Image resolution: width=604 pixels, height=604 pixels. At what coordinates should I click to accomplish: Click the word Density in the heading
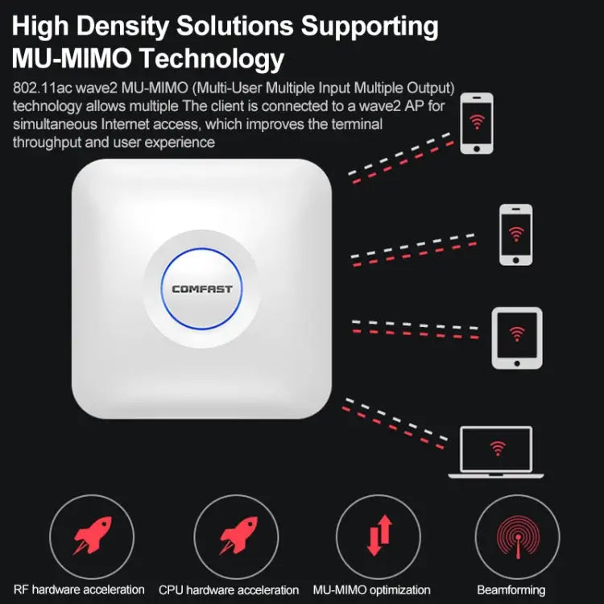click(122, 27)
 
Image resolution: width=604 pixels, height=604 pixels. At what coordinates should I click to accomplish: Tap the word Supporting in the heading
click(370, 27)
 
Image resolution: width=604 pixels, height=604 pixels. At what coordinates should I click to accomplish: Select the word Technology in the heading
click(212, 60)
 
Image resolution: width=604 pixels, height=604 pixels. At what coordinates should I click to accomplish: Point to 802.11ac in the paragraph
click(43, 88)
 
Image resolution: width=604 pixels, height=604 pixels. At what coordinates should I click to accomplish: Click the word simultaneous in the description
click(55, 124)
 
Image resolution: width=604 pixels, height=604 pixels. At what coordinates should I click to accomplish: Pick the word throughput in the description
click(47, 143)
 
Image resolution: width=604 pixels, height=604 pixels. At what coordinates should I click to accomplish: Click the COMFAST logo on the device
click(202, 289)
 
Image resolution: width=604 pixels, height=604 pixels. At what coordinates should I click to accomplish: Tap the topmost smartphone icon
click(477, 123)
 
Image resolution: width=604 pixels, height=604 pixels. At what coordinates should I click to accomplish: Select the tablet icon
click(517, 337)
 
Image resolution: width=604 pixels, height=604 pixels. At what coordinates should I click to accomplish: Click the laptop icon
click(496, 453)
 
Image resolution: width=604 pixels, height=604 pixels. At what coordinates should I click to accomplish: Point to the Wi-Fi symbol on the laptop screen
click(498, 449)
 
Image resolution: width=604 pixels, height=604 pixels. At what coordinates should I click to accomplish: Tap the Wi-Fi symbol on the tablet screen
click(517, 333)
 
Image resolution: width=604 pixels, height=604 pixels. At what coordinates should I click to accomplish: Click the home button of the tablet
click(517, 363)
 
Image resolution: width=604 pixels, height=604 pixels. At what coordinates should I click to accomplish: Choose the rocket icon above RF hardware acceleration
click(93, 536)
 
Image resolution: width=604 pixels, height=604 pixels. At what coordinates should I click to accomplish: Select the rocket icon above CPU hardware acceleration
click(238, 536)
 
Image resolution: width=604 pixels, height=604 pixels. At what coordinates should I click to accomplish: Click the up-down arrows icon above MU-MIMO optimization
click(379, 536)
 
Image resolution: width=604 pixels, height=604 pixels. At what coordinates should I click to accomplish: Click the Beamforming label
click(511, 590)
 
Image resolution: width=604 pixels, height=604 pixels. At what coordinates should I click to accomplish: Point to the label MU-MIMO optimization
click(372, 590)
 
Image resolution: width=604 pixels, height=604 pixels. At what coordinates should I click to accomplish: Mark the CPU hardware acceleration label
click(229, 590)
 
